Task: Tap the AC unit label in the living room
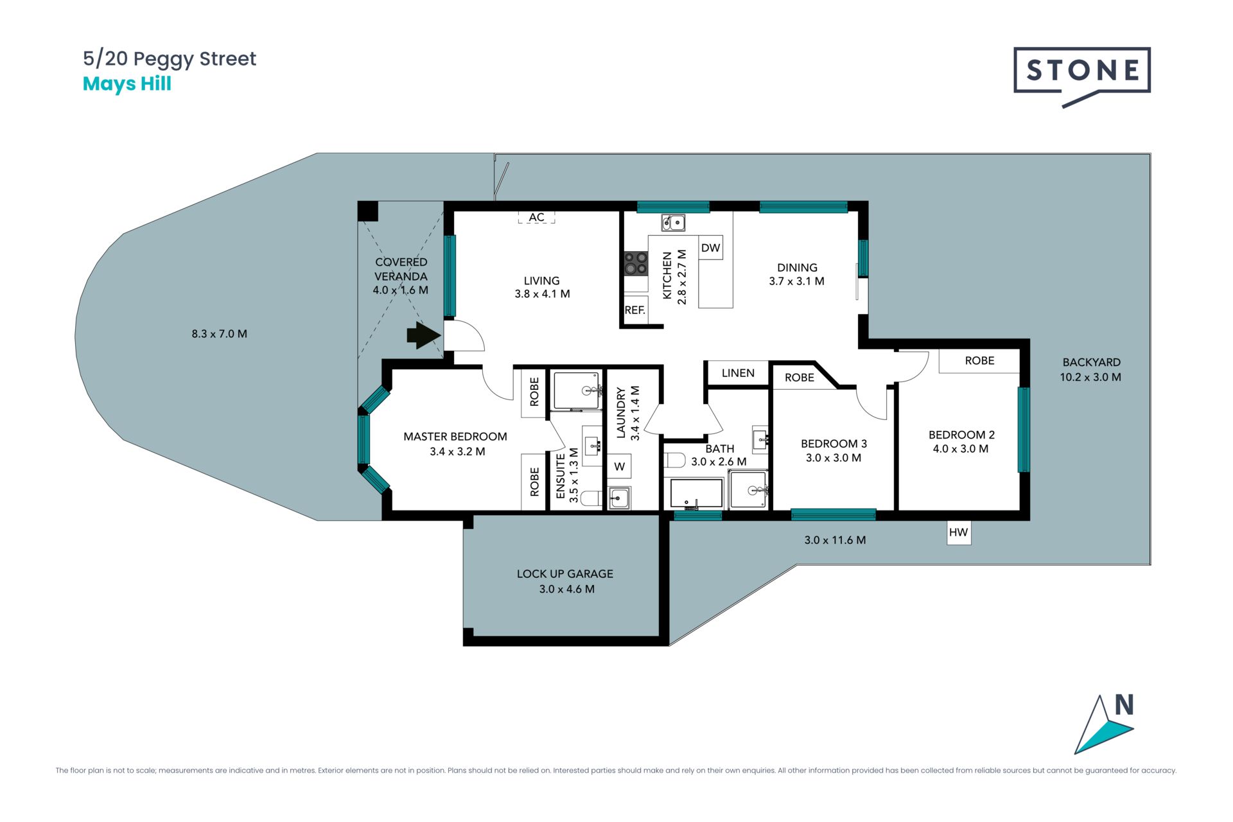[536, 218]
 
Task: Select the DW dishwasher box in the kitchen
[710, 248]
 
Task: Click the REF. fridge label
[634, 310]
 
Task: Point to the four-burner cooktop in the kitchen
[636, 263]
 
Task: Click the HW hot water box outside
[958, 532]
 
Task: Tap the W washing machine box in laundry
[620, 467]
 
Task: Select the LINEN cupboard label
[738, 373]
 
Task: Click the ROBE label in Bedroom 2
[979, 361]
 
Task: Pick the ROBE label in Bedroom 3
[799, 378]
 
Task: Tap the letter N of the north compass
[1124, 705]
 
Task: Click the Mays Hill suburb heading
[127, 84]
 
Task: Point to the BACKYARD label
[1091, 362]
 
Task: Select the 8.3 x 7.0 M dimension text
[219, 334]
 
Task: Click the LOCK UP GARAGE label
[565, 574]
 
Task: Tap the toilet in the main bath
[675, 460]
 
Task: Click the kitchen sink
[674, 223]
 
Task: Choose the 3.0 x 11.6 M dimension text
[835, 540]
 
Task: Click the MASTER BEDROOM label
[455, 437]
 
